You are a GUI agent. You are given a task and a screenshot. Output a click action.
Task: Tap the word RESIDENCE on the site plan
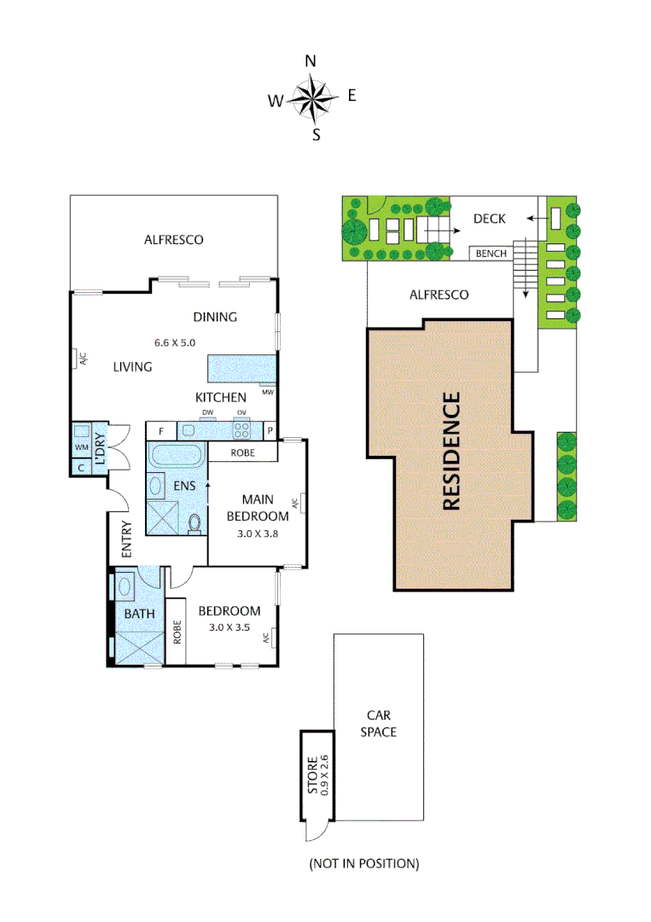point(451,451)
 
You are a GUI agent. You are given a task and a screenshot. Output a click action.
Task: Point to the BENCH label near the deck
point(491,254)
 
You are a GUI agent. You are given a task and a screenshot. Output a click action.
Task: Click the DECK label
point(490,219)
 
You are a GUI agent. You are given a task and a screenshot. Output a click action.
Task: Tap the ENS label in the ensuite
point(184,486)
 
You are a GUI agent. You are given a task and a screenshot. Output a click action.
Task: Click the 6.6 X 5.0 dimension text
point(175,342)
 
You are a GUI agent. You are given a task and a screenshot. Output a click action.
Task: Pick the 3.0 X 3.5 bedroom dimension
point(229,627)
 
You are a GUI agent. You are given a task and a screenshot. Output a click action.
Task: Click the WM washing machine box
point(82,446)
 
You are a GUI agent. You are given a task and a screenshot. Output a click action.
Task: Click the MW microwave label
point(267,394)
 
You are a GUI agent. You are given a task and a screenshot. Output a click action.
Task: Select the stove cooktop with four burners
point(242,430)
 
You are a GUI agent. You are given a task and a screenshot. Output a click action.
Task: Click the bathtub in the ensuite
point(176,456)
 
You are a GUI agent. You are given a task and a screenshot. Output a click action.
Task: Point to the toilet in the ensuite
point(195,522)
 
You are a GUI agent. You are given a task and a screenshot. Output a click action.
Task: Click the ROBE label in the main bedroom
point(242,452)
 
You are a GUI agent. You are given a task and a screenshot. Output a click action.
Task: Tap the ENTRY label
point(126,540)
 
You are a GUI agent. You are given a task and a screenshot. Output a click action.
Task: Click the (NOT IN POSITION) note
point(363,863)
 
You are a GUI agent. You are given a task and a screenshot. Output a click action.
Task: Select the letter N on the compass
point(311,61)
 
